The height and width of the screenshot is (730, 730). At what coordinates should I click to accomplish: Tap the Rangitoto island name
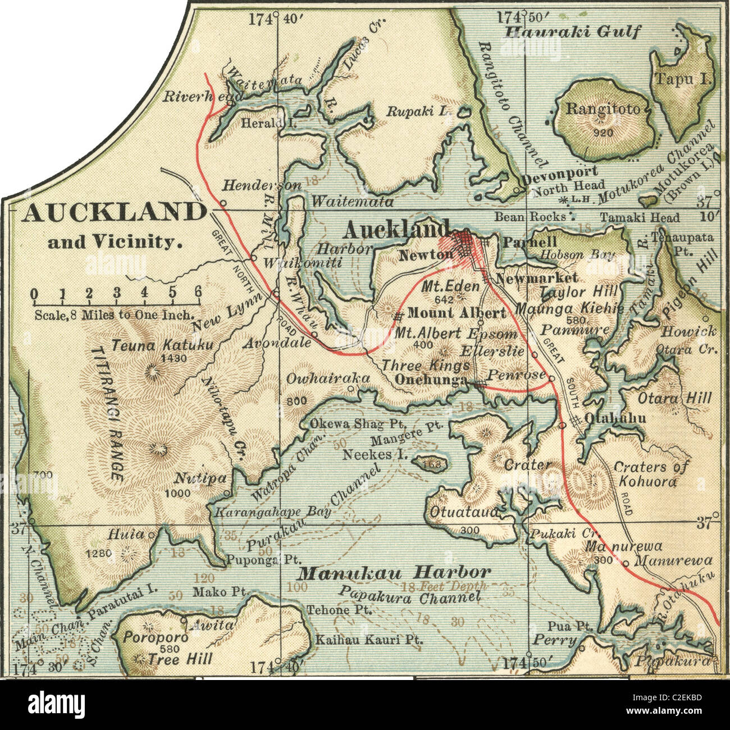coord(602,109)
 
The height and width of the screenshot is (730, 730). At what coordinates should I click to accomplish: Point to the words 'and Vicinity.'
coord(115,243)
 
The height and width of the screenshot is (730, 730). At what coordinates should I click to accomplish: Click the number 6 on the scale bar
coord(198,293)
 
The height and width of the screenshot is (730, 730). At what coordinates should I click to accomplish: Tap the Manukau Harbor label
coord(394,573)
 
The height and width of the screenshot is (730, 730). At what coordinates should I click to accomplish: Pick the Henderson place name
coord(262,185)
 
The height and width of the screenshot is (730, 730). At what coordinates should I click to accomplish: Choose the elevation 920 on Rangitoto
coord(602,133)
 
